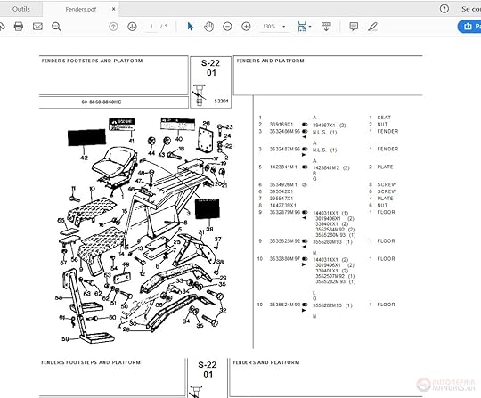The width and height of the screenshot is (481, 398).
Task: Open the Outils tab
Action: click(20, 8)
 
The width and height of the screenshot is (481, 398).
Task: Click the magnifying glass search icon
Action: click(56, 27)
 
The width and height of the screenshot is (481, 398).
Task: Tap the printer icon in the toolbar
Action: click(18, 27)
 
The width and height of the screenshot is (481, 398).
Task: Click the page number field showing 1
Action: click(152, 27)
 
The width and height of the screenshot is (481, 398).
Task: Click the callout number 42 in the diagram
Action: click(85, 158)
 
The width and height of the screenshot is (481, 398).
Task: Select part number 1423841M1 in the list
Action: click(284, 167)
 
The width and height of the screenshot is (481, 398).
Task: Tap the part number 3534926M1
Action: click(284, 184)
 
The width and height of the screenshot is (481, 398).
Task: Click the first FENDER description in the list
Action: click(387, 131)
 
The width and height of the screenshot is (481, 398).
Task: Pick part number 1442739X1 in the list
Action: click(282, 205)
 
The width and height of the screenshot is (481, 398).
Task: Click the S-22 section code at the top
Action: click(209, 63)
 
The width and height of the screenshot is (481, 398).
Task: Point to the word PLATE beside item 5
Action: click(387, 167)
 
